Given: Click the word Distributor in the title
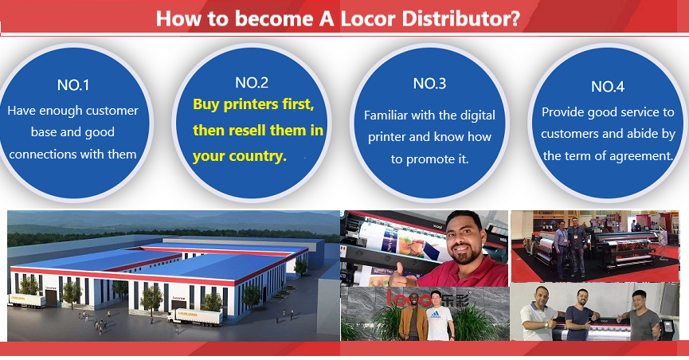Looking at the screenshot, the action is point(461,19).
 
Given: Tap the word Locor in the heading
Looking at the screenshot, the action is point(368,19).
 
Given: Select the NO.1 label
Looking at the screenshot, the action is point(73,85).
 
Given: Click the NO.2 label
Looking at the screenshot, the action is point(252,83).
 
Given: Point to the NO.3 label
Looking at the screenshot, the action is point(429,84).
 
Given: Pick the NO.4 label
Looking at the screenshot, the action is point(608,87).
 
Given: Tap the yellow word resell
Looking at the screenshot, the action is point(245,130).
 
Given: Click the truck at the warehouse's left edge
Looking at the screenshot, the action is point(27,300).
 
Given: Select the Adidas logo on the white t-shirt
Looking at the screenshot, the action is point(435,315).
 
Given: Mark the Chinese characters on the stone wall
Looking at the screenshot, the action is point(456,300).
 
